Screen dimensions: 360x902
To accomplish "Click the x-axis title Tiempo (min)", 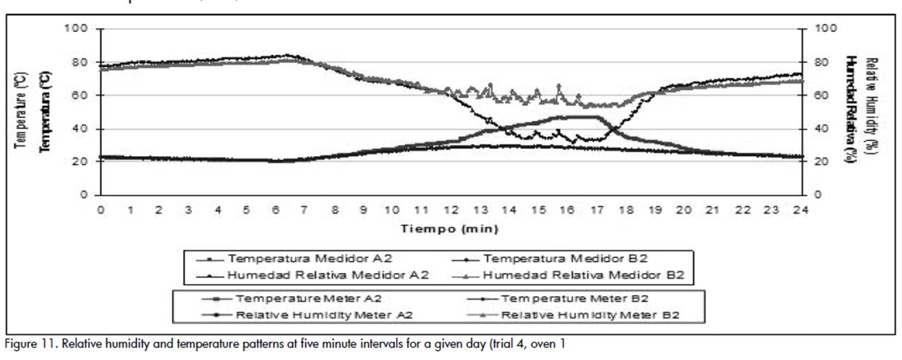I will coord(449,229).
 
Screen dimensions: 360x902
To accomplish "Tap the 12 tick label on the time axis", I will coord(451,209).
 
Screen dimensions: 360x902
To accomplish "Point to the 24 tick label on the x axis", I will coord(800,209).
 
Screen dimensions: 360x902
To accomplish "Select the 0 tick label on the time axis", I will coord(101,209).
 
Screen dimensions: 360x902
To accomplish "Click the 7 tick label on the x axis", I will coord(304,209).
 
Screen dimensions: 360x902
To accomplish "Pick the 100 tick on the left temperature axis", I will coord(76,28).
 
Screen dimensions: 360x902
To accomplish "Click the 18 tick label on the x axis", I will coord(626,209).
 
